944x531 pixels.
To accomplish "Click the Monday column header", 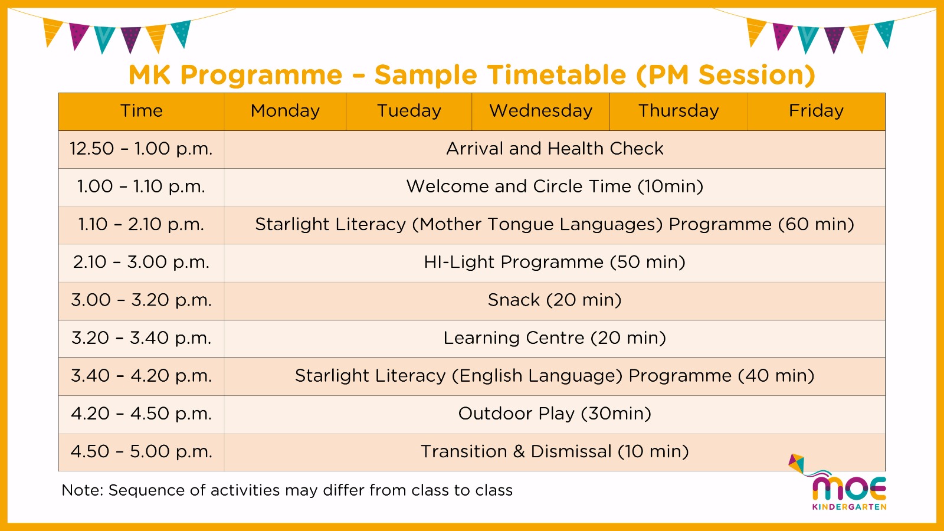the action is [285, 111].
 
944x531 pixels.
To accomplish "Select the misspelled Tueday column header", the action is [409, 111].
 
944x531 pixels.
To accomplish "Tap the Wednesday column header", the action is [540, 111].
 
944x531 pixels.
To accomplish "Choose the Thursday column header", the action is [678, 111].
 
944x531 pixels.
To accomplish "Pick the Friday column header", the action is [816, 111].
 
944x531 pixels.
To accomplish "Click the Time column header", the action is [141, 111].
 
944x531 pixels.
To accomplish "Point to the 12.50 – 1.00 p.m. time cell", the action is [141, 149].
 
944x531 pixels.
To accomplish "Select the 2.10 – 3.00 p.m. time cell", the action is [141, 262].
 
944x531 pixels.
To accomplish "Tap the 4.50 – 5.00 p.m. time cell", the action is [141, 451].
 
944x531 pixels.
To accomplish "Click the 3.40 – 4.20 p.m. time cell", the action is [141, 375].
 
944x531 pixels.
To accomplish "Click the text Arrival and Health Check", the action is [555, 149].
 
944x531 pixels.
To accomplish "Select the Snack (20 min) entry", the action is [555, 300].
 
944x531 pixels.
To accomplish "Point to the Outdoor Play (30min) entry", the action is [555, 414].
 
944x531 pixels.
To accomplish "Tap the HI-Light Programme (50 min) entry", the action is [555, 262].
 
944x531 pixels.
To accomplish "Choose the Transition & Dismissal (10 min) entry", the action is [555, 451].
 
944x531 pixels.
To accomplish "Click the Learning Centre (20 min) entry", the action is [555, 338].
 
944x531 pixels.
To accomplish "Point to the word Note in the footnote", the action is [82, 490].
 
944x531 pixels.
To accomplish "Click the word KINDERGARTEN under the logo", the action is [849, 507].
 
